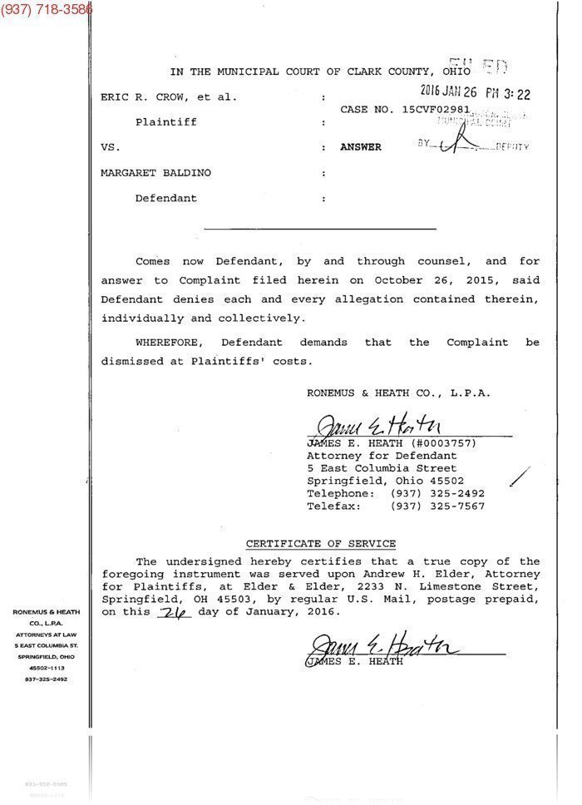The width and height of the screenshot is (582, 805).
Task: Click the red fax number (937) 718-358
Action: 47,9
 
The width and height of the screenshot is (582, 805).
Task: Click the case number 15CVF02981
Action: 436,109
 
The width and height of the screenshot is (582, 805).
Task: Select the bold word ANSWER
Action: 361,147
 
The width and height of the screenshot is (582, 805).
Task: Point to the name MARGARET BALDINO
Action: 155,173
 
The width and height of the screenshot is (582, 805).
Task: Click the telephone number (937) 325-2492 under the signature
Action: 437,493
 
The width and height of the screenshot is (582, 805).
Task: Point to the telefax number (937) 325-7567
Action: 437,506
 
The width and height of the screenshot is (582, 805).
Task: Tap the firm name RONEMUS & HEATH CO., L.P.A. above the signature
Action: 398,393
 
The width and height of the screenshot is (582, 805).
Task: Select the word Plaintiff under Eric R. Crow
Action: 166,122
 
